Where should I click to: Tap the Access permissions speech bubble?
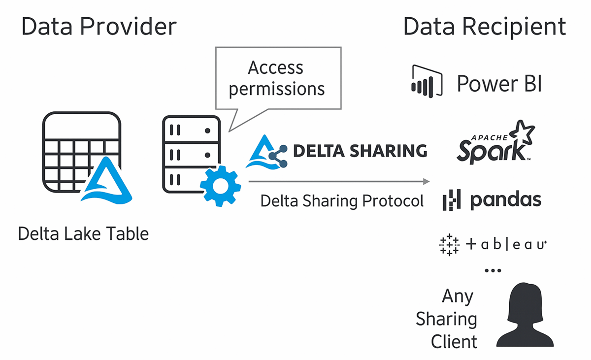[278, 79]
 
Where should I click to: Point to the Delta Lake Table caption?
[83, 233]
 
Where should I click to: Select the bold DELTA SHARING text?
[360, 151]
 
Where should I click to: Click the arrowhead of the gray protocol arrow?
[427, 182]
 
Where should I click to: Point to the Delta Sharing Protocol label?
[342, 201]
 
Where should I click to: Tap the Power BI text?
[499, 84]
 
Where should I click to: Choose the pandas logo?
[492, 200]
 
